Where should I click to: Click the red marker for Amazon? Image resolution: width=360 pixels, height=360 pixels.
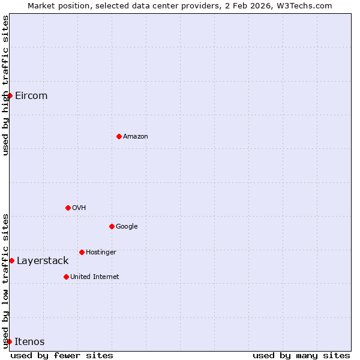[x=119, y=136]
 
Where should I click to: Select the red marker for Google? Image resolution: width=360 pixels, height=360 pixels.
[x=112, y=226]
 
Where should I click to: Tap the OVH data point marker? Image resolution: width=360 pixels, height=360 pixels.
[x=68, y=208]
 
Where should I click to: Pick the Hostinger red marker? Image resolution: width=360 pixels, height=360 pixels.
[x=82, y=252]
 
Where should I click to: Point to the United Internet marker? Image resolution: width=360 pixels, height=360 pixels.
[x=66, y=277]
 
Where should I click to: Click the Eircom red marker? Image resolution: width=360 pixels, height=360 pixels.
[x=10, y=95]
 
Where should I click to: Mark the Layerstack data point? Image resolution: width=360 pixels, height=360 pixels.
[x=11, y=260]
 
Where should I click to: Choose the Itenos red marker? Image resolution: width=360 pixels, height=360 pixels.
[x=9, y=341]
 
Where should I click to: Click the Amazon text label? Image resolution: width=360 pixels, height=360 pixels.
[x=136, y=136]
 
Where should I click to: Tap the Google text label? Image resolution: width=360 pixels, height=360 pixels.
[x=127, y=226]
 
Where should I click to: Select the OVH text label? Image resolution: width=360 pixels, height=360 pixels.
[x=79, y=208]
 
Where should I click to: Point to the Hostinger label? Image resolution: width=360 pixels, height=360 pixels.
[x=101, y=252]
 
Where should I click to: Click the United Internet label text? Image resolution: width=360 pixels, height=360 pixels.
[x=95, y=277]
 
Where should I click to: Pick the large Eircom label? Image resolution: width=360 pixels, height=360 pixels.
[x=31, y=95]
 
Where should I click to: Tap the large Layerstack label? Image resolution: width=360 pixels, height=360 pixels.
[x=43, y=260]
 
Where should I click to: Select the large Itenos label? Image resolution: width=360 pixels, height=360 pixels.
[x=29, y=341]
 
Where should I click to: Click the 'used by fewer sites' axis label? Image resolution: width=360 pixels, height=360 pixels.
[x=62, y=355]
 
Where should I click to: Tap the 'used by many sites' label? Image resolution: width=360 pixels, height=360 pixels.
[x=301, y=355]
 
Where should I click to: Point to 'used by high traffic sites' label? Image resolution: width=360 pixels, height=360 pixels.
[x=6, y=85]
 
